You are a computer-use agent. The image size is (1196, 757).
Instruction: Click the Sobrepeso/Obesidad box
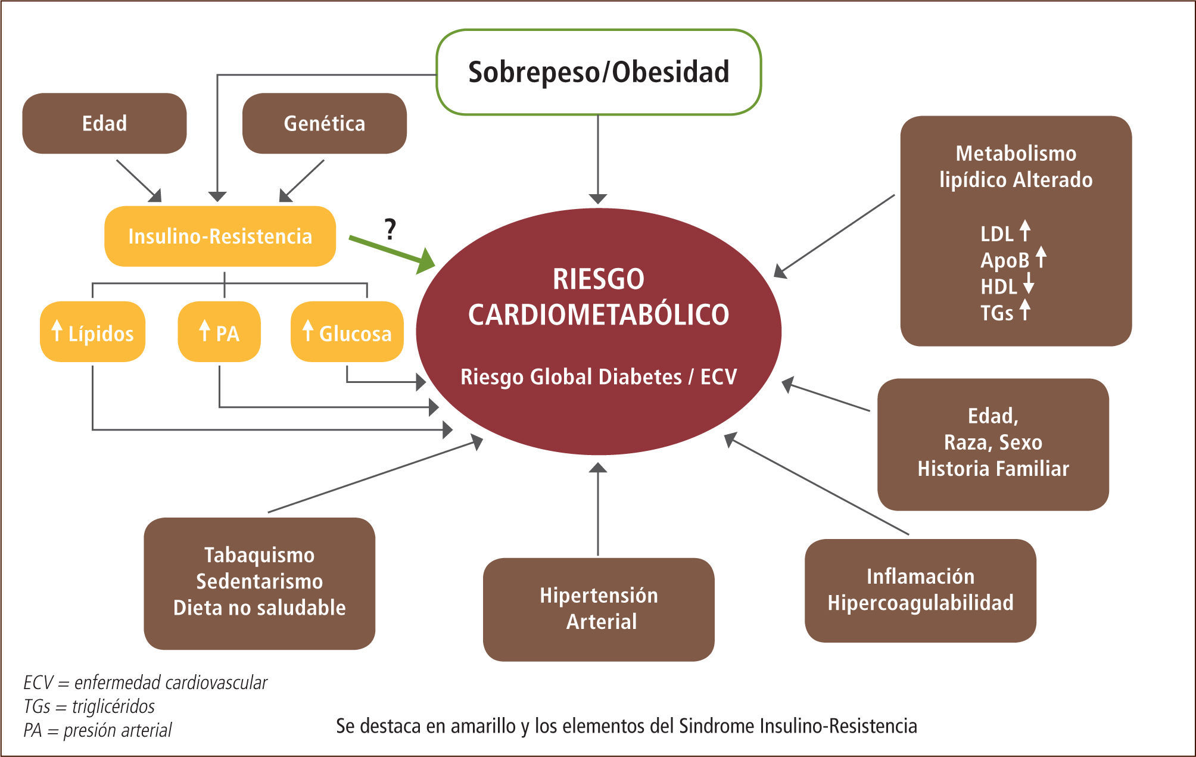(599, 72)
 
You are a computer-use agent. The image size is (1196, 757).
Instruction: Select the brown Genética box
(325, 123)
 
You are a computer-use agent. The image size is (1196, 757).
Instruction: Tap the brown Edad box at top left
(104, 123)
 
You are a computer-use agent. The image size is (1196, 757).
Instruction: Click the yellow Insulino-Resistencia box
(220, 236)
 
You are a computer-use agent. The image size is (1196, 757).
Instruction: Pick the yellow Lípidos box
(92, 332)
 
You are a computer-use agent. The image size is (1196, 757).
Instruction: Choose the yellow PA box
(219, 332)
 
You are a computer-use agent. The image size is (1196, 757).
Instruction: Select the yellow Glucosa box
(347, 332)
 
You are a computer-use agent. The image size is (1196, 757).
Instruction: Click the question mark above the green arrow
(390, 229)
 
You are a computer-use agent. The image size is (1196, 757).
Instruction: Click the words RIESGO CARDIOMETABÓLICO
(599, 297)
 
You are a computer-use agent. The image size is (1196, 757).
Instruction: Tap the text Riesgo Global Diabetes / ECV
(599, 377)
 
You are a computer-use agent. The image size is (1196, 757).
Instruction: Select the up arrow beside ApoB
(1041, 257)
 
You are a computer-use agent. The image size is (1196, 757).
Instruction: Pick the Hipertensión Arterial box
(599, 609)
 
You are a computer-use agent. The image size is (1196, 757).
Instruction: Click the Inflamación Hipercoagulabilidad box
(920, 590)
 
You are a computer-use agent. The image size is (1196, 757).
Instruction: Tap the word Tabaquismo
(260, 555)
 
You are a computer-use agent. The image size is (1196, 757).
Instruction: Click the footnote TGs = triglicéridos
(89, 706)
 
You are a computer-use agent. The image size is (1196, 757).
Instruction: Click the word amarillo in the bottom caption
(484, 726)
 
